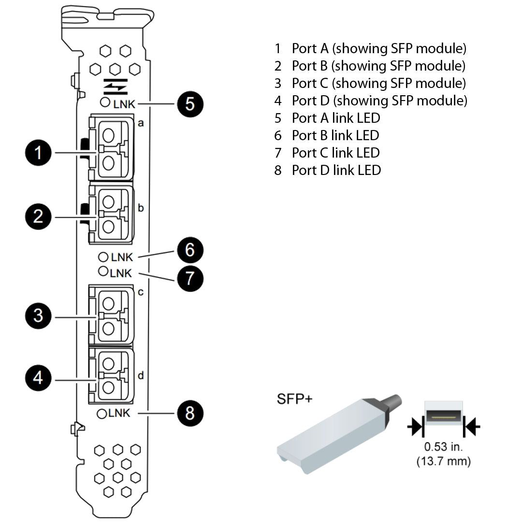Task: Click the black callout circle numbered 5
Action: coord(189,104)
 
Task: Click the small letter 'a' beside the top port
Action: coord(141,123)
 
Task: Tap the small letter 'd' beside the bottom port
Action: coord(141,375)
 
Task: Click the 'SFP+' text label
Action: coord(294,399)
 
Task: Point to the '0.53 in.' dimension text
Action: coord(443,447)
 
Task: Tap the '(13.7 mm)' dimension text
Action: coord(443,462)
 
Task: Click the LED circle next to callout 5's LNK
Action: coord(105,102)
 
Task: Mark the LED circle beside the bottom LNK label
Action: coord(102,413)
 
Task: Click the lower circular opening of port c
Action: coord(109,329)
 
